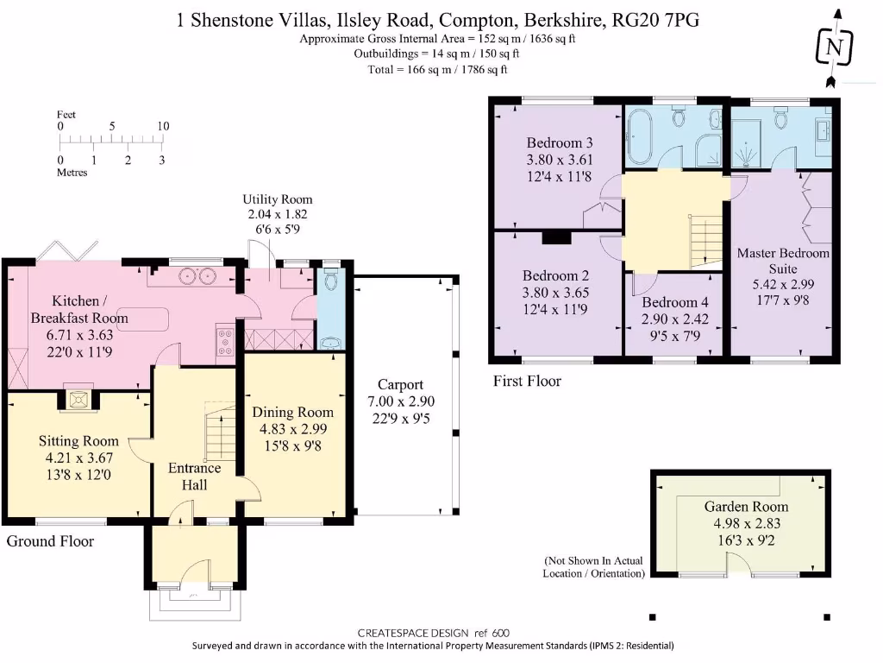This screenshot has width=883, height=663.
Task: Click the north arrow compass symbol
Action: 834,47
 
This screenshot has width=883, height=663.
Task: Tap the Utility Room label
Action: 277,199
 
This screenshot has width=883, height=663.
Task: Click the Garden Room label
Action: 746,507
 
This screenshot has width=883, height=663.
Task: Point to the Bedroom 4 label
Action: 674,303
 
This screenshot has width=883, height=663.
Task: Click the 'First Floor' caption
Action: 526,381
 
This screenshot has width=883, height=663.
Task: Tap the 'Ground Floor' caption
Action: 50,541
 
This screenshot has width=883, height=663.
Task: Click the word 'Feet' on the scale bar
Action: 66,114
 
